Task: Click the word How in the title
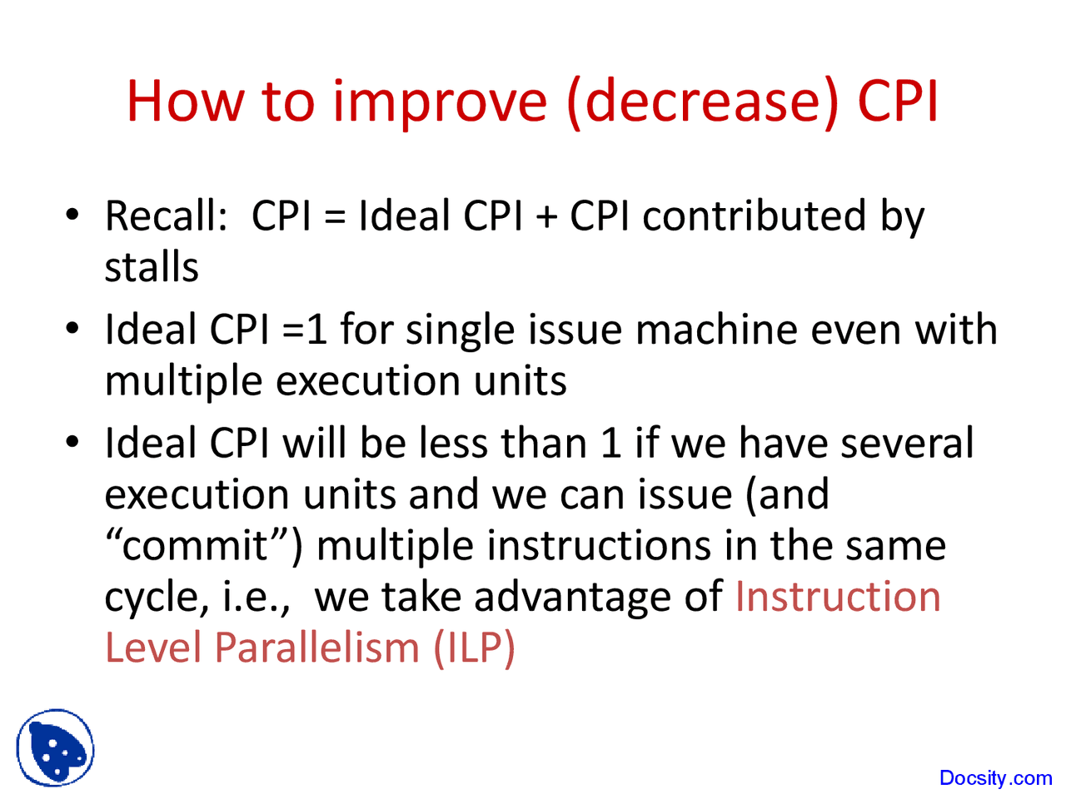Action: click(186, 101)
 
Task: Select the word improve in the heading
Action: click(440, 104)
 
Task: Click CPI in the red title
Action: click(898, 101)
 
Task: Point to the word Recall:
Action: click(166, 215)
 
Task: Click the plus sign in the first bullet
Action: click(546, 216)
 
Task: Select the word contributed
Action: click(755, 215)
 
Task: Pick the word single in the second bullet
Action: click(460, 330)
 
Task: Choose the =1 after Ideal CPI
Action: click(304, 330)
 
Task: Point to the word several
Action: click(907, 444)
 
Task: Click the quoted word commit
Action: click(194, 545)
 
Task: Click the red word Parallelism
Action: click(316, 648)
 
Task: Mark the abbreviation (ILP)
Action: click(474, 648)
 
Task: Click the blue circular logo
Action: click(55, 747)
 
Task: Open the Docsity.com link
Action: click(995, 777)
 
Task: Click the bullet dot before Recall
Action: click(72, 215)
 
